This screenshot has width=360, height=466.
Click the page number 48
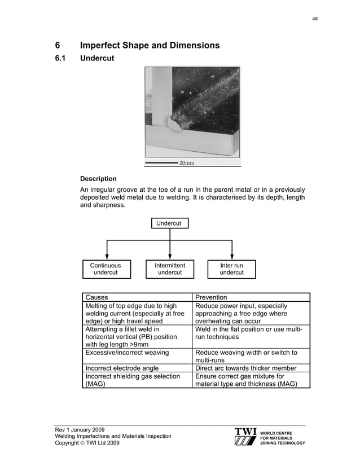pyautogui.click(x=315, y=19)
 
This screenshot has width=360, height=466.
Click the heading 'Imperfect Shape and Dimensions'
pyautogui.click(x=150, y=45)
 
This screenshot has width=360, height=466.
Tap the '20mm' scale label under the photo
pyautogui.click(x=187, y=163)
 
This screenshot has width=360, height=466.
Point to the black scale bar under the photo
pyautogui.click(x=161, y=163)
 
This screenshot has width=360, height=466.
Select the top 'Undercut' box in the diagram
pyautogui.click(x=169, y=223)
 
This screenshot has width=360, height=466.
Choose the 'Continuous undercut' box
pyautogui.click(x=106, y=269)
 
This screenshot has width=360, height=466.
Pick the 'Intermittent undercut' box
pyautogui.click(x=170, y=269)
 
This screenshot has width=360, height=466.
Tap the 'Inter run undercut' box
pyautogui.click(x=231, y=269)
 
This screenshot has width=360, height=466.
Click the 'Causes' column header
pyautogui.click(x=96, y=297)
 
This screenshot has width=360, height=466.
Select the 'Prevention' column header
pyautogui.click(x=211, y=297)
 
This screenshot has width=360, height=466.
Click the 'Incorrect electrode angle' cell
pyautogui.click(x=124, y=368)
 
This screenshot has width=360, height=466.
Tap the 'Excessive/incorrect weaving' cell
pyautogui.click(x=127, y=353)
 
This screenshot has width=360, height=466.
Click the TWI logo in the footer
pyautogui.click(x=245, y=436)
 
